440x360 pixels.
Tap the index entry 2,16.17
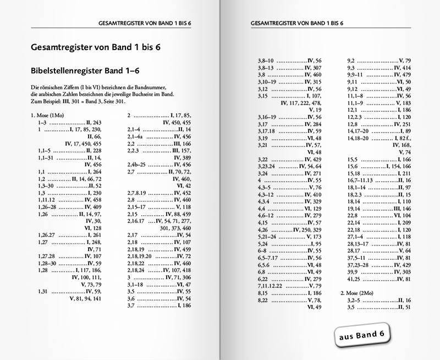click(x=136, y=220)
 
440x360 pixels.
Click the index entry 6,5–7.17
click(x=269, y=258)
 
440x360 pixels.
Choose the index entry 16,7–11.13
click(x=361, y=181)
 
